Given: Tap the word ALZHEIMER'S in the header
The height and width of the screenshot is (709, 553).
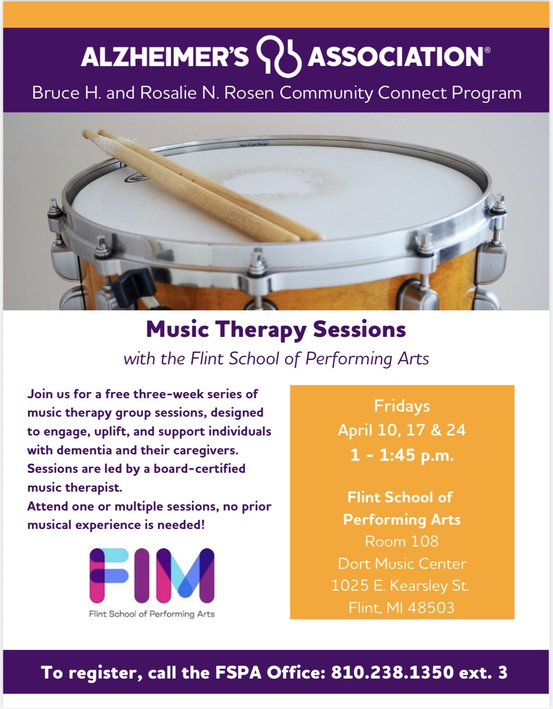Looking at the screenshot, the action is (165, 57).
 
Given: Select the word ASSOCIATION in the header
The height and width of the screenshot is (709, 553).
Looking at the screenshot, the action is (396, 57).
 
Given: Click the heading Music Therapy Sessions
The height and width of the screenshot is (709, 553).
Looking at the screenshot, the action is (276, 330).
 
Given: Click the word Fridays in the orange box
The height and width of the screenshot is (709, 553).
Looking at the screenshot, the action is (402, 406).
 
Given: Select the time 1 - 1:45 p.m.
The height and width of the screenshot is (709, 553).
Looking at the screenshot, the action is (402, 455).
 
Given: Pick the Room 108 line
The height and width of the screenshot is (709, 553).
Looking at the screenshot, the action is (402, 541).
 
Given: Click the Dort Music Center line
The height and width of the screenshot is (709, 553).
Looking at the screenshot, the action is (402, 564).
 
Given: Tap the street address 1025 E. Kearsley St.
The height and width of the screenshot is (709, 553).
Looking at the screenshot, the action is (400, 586).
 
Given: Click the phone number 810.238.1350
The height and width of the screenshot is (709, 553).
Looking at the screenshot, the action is (393, 673).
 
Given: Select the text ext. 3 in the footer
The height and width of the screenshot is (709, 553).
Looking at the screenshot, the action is (483, 673).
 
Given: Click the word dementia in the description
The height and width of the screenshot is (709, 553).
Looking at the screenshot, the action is (84, 450).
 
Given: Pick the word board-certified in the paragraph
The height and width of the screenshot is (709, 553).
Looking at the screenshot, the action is (199, 469).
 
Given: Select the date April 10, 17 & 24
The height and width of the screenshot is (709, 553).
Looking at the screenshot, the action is (402, 430).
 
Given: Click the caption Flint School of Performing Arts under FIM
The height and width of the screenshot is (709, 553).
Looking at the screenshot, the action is (152, 614).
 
